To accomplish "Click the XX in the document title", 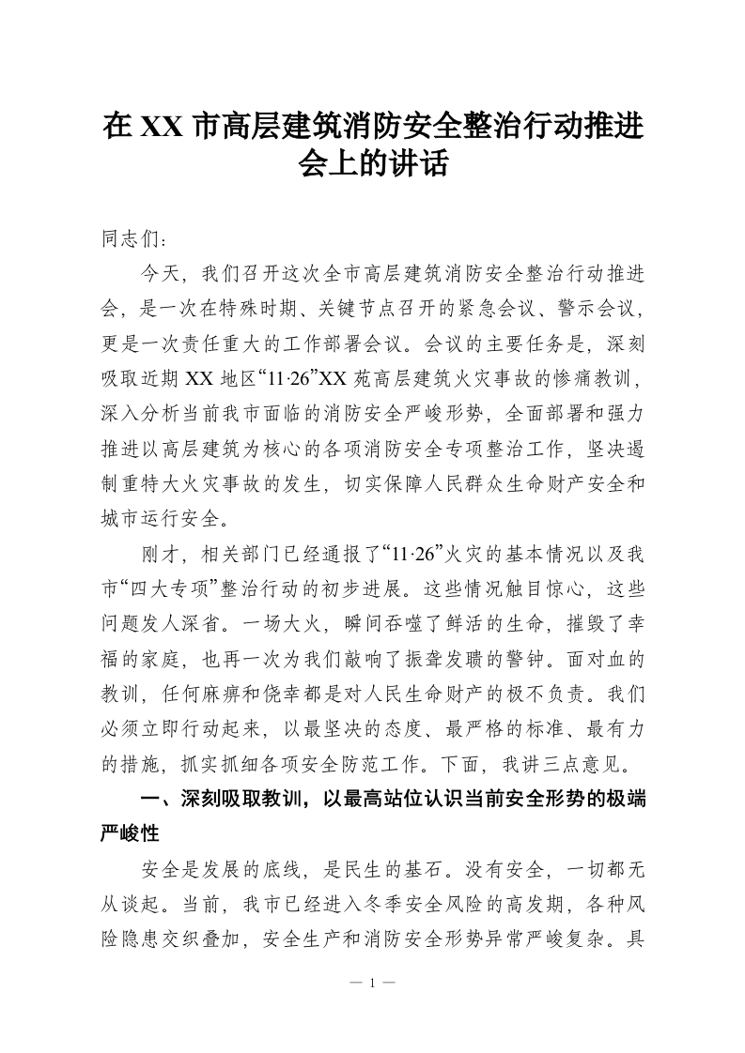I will click(162, 126).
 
